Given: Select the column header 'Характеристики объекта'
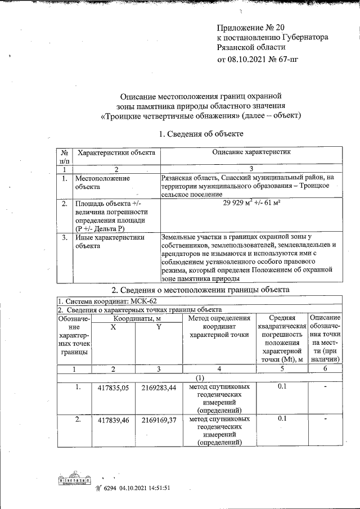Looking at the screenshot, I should pos(116,152).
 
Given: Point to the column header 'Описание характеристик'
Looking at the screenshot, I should pos(251,152).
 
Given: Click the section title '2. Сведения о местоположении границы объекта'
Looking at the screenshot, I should pos(201,290).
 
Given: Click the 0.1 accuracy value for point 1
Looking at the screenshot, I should pos(282,387).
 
